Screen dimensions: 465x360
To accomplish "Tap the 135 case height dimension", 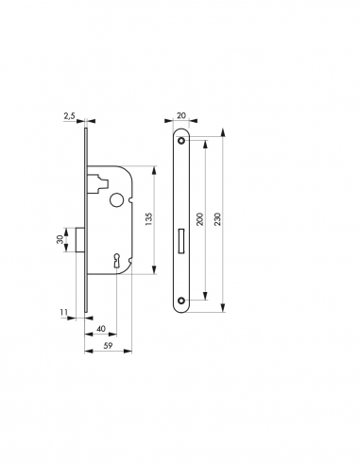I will point(148,219).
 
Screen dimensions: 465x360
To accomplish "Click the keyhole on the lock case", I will point(115,259).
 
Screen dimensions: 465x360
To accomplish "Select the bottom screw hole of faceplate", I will point(181,302).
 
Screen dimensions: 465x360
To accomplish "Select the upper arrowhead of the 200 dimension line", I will point(204,143).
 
